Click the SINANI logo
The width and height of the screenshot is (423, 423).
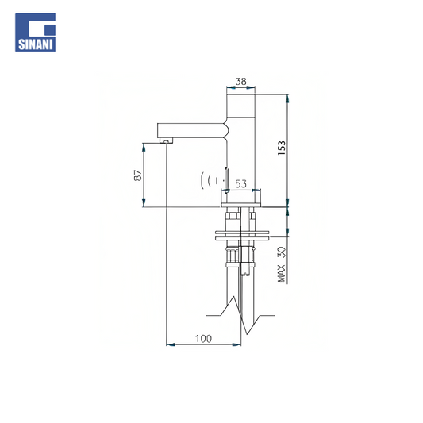(x=36, y=33)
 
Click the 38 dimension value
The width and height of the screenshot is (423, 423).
(x=241, y=81)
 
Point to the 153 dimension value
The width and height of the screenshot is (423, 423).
(x=282, y=148)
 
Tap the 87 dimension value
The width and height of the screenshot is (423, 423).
(x=138, y=175)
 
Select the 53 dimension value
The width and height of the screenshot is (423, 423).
(x=240, y=184)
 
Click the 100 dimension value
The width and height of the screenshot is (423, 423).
(x=203, y=339)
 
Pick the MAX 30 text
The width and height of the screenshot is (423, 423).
(x=282, y=264)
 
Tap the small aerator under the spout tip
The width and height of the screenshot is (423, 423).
(x=166, y=140)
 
